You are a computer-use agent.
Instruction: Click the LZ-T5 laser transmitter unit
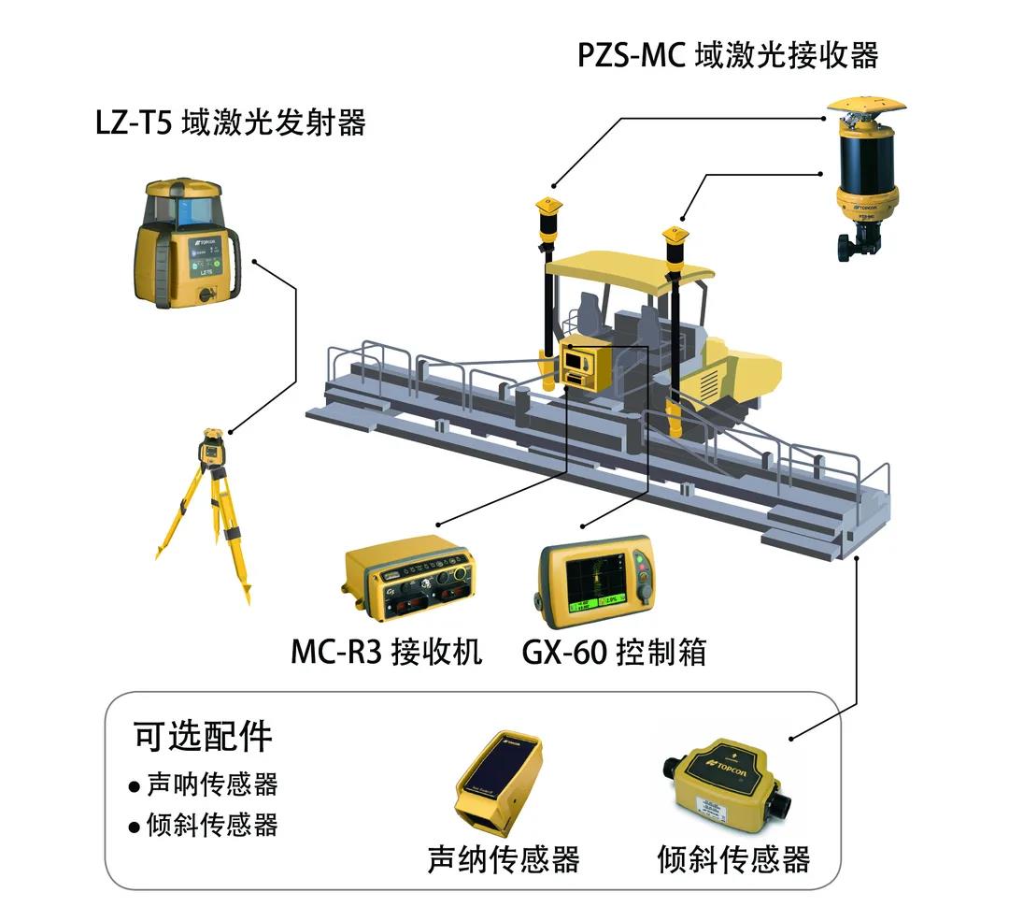(x=187, y=243)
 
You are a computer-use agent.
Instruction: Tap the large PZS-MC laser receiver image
(x=866, y=179)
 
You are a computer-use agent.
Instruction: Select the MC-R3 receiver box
(x=408, y=579)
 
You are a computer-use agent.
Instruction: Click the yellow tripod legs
(x=206, y=528)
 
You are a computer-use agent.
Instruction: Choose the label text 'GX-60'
(x=564, y=652)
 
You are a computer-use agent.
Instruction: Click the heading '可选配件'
(x=203, y=736)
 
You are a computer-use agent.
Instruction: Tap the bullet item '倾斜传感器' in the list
(x=212, y=825)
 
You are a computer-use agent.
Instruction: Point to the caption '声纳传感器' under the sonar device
(x=504, y=858)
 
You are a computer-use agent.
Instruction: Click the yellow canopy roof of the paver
(x=628, y=269)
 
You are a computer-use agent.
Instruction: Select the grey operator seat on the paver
(x=590, y=313)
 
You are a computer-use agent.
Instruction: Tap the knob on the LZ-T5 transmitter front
(x=206, y=295)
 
